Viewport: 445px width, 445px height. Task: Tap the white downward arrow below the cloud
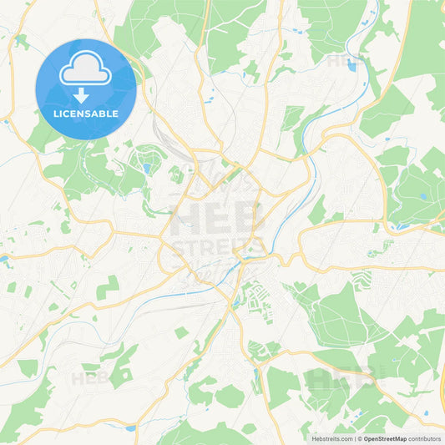(x=86, y=96)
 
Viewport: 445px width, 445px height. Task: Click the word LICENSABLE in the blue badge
(x=86, y=114)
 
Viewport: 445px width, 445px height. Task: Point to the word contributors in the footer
(x=424, y=438)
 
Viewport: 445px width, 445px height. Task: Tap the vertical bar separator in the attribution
(x=356, y=438)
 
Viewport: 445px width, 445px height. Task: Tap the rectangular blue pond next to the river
(x=351, y=66)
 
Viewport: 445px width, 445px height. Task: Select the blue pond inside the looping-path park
(x=147, y=168)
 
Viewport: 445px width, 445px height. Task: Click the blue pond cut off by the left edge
(x=3, y=260)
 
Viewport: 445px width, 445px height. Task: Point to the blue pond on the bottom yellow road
(x=131, y=428)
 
